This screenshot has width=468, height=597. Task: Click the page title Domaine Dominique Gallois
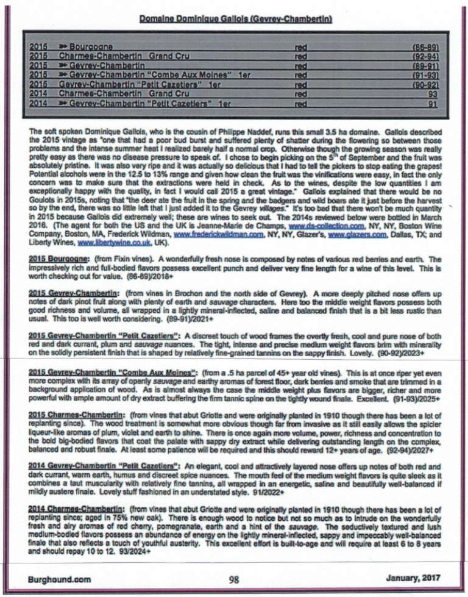tap(235, 19)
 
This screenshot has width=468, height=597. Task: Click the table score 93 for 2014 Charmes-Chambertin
tap(433, 94)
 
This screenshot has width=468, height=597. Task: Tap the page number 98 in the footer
tap(234, 580)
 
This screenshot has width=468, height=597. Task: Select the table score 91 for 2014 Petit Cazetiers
tap(433, 104)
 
